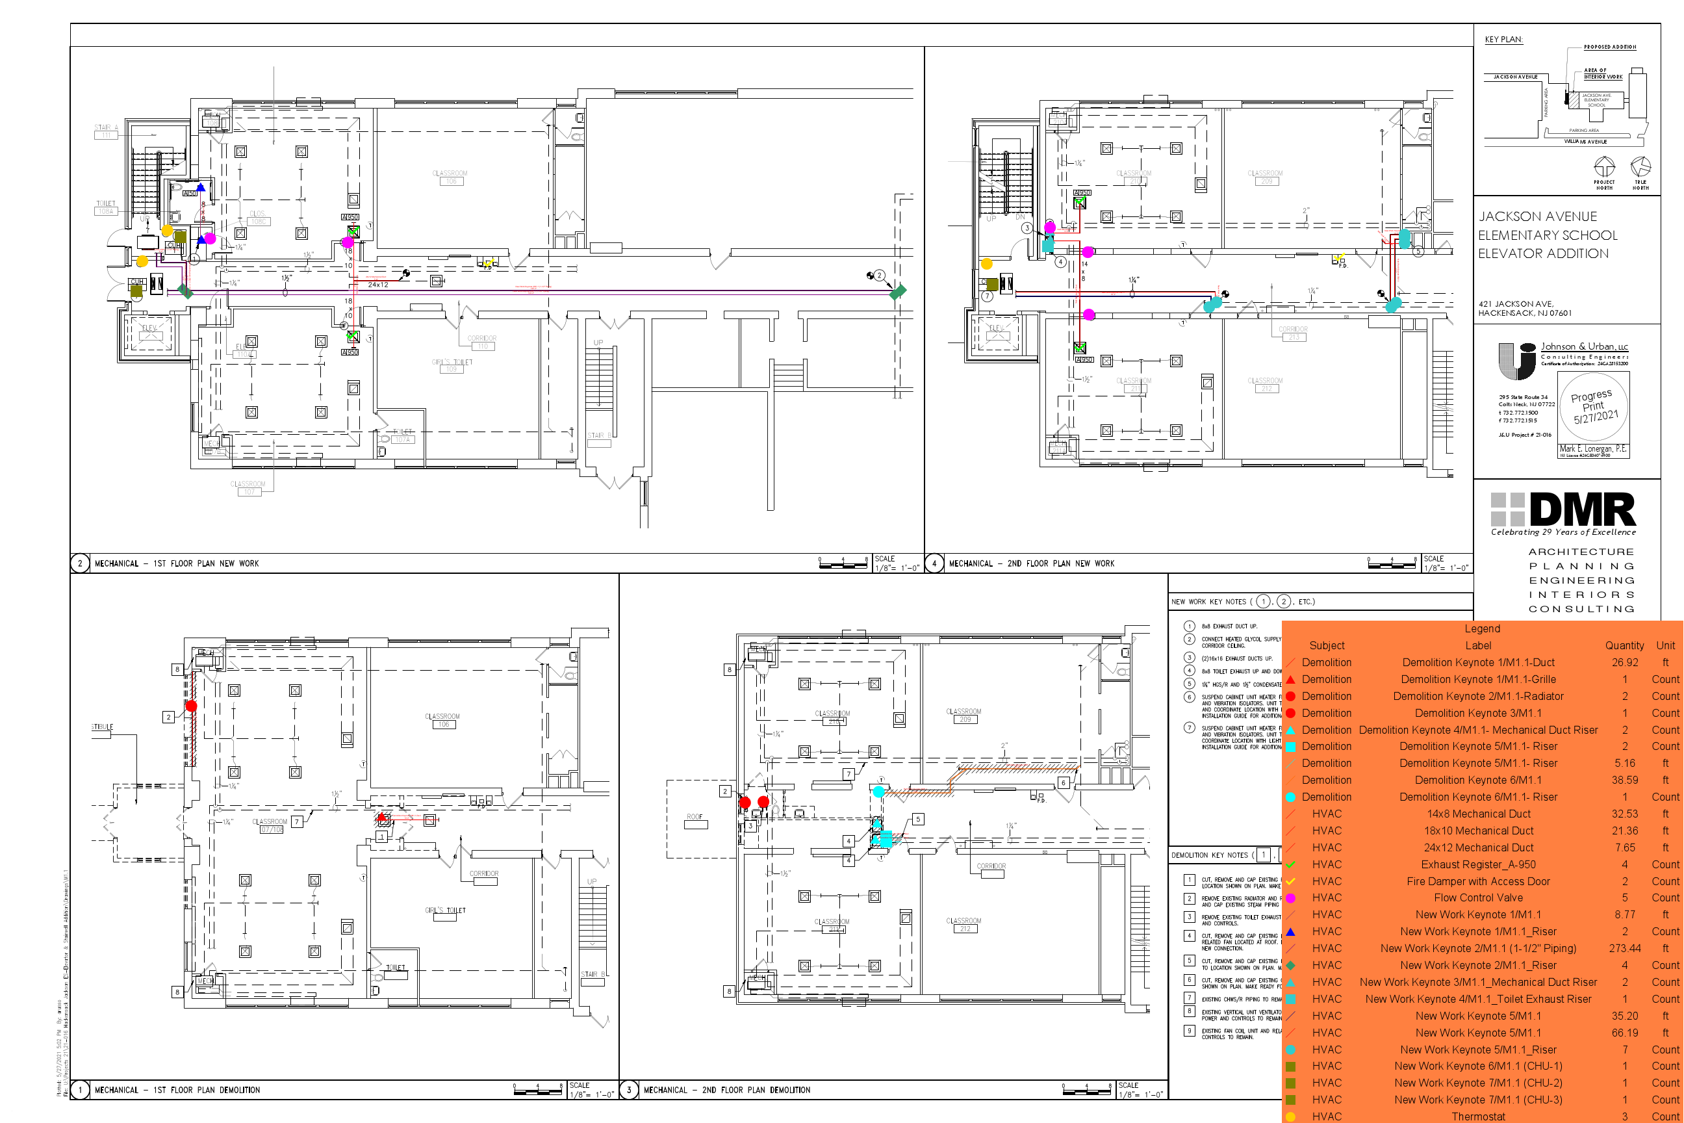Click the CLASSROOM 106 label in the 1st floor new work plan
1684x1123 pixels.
tap(450, 177)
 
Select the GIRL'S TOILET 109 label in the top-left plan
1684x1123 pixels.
tap(452, 365)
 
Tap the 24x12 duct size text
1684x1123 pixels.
tap(378, 285)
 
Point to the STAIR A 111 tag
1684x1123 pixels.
tap(106, 131)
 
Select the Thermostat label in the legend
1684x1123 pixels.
tap(1478, 1117)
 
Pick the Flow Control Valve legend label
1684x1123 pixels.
tap(1478, 897)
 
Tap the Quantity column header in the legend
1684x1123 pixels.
tap(1624, 645)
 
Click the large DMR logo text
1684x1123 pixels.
tap(1583, 510)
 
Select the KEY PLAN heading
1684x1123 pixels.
tap(1503, 40)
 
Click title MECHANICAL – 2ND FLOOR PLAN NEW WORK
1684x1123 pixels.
tap(1031, 563)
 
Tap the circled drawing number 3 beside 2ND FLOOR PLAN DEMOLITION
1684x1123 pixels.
tap(629, 1090)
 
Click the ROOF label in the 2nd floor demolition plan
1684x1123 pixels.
tap(695, 817)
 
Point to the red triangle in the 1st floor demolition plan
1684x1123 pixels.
tap(381, 817)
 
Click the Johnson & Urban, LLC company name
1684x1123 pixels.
tap(1584, 346)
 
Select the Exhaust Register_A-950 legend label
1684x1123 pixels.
tap(1478, 864)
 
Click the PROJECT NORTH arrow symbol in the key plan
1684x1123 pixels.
tap(1604, 167)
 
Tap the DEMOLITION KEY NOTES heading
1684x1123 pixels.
tap(1210, 855)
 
